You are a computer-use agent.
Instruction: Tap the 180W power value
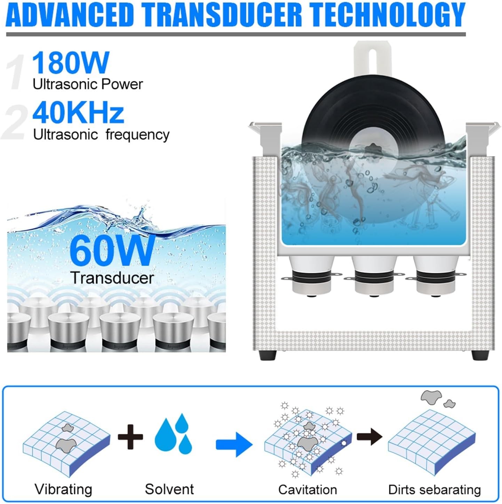click(70, 63)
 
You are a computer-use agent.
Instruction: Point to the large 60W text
click(112, 250)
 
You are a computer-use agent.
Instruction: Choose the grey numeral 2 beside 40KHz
click(15, 122)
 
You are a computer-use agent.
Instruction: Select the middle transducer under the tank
click(374, 276)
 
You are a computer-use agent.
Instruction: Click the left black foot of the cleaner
click(268, 355)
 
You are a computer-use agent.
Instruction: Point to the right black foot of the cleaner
click(480, 355)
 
